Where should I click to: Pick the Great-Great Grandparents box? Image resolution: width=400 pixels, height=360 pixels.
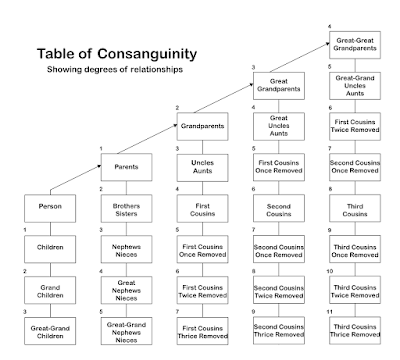(357, 43)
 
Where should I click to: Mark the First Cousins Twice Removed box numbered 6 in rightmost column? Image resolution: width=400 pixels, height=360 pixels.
(357, 126)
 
